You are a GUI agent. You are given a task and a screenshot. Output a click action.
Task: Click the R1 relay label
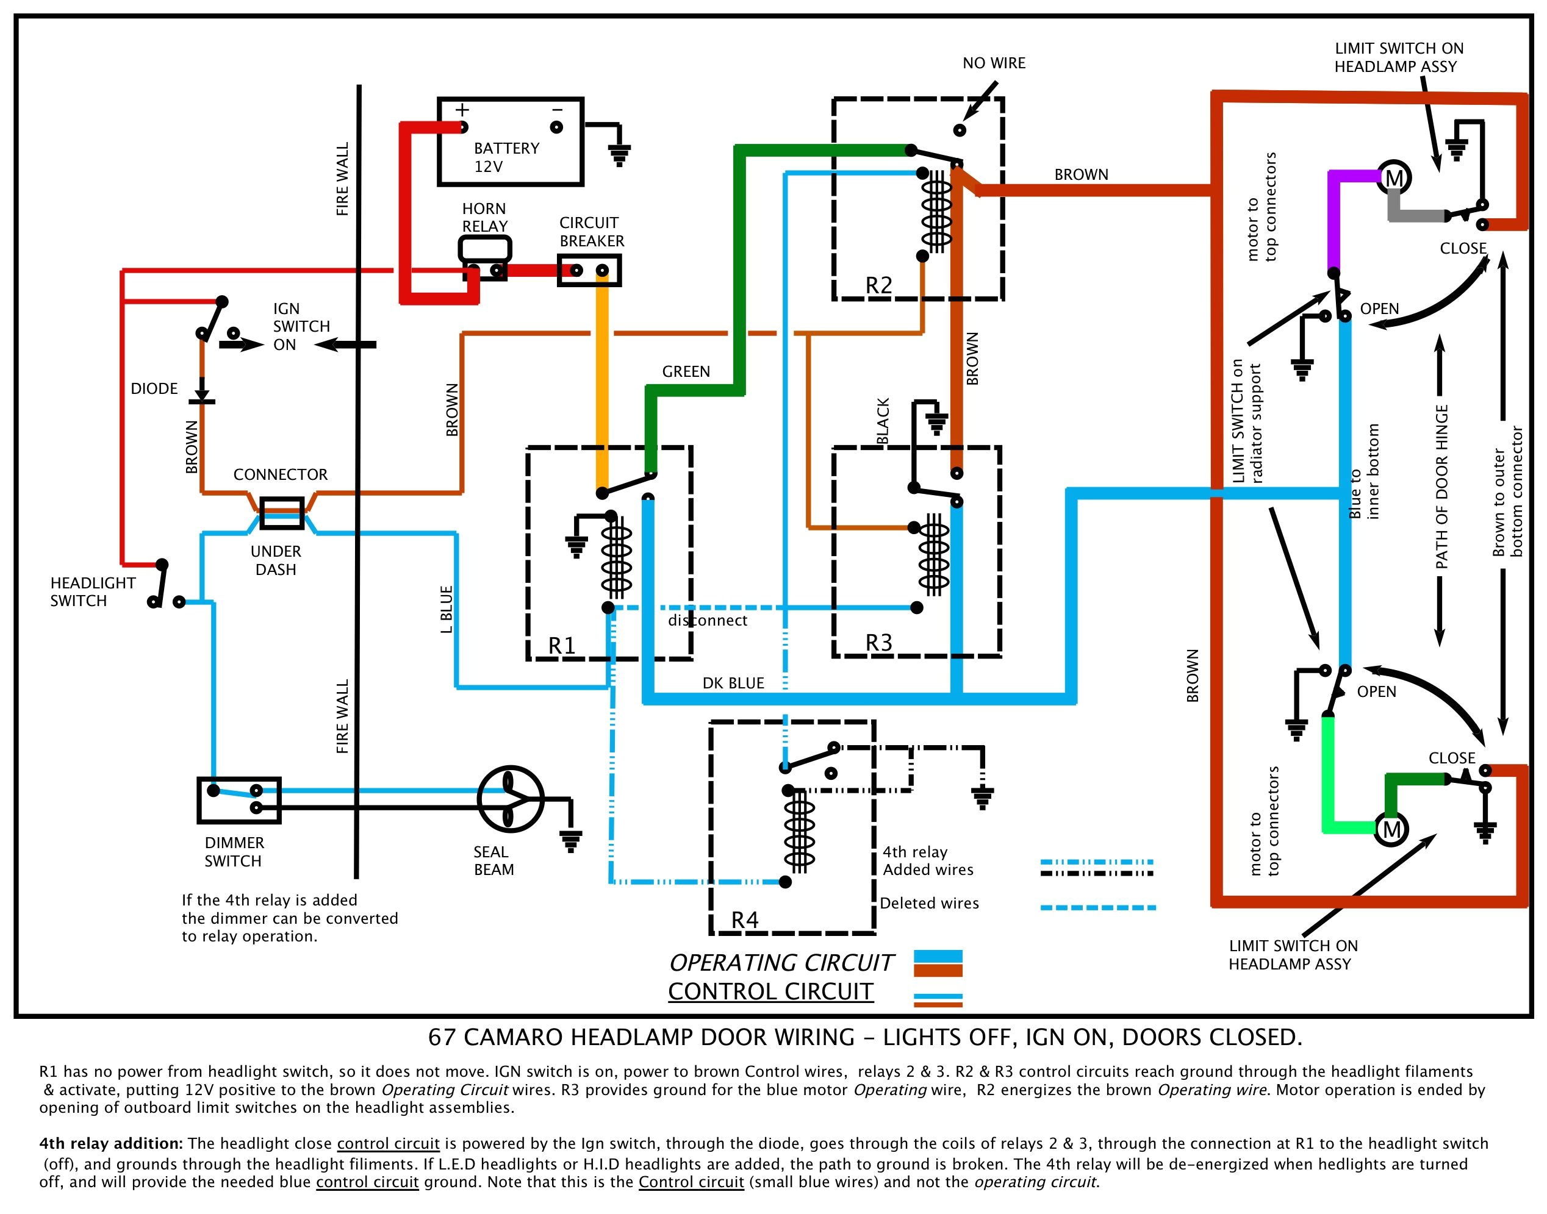click(x=561, y=645)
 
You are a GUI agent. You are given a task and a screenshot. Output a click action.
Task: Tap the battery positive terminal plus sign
click(x=462, y=110)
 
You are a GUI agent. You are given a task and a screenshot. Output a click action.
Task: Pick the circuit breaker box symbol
click(x=589, y=270)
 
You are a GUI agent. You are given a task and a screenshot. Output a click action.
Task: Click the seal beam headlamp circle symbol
click(x=510, y=799)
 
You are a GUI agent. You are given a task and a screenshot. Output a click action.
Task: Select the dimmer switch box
click(x=239, y=799)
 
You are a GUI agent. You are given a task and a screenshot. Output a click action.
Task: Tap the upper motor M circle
click(x=1393, y=177)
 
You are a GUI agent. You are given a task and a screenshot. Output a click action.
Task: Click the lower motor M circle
click(x=1391, y=829)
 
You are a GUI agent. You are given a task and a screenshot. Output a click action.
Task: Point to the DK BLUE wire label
click(x=733, y=683)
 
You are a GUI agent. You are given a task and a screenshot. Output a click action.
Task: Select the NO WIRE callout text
click(x=993, y=63)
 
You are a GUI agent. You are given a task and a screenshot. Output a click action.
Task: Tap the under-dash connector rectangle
click(x=282, y=512)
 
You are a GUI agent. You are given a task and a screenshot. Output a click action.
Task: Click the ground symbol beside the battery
click(x=619, y=154)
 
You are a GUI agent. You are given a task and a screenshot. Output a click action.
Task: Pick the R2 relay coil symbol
click(x=936, y=213)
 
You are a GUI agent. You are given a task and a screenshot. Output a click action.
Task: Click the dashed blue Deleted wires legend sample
click(x=1097, y=908)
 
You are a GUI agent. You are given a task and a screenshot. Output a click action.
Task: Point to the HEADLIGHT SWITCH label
click(x=93, y=591)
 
